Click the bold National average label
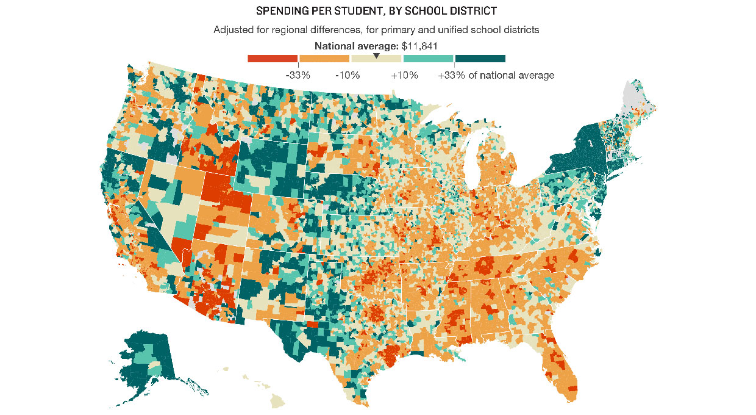(x=356, y=46)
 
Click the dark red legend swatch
(x=272, y=59)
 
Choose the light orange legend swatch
(x=324, y=59)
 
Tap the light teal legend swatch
(x=429, y=59)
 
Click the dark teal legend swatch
(x=480, y=59)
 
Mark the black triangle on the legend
(x=376, y=56)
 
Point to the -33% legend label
(x=298, y=76)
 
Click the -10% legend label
(x=348, y=76)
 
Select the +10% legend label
(x=404, y=76)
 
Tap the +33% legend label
(x=451, y=76)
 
